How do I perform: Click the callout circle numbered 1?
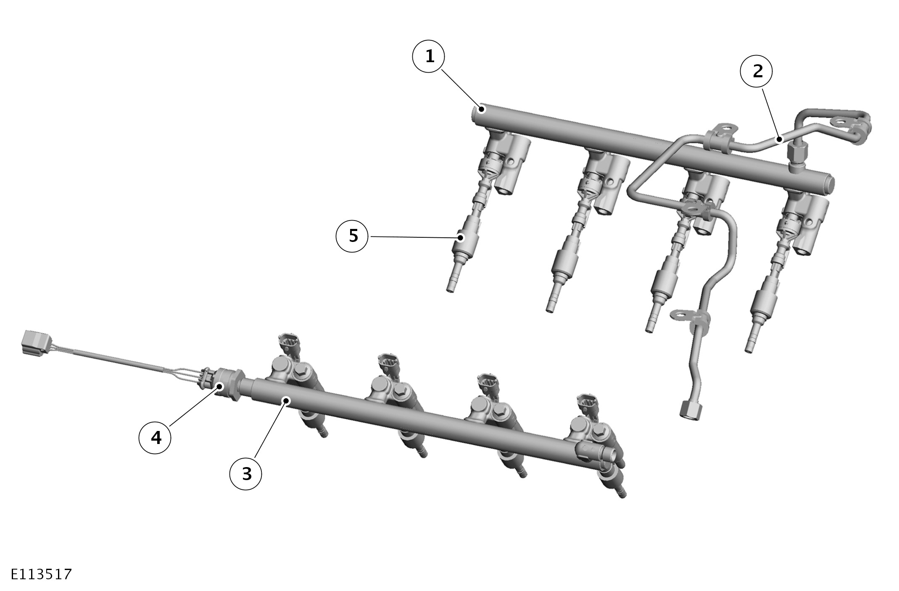429,57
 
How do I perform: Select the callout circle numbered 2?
757,71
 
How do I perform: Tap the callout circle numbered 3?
246,474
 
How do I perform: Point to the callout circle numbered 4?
155,438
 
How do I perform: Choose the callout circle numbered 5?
353,236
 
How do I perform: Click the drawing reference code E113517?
41,574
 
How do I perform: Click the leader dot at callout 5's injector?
461,238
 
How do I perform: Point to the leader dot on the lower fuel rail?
286,400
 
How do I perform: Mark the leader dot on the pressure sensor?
219,386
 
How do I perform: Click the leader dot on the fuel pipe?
780,139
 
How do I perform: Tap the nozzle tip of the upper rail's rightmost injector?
749,346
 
